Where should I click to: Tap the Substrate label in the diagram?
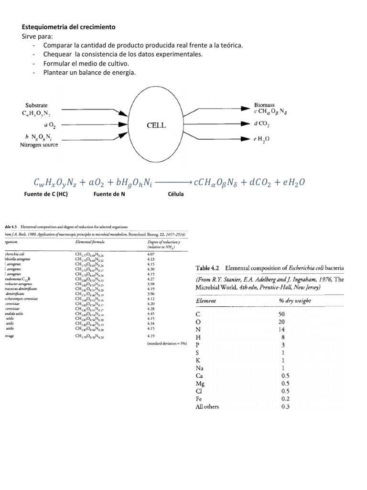36,105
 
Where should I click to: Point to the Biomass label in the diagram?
264,104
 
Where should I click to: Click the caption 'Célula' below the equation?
176,195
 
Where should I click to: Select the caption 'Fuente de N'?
109,195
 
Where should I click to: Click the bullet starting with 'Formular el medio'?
86,63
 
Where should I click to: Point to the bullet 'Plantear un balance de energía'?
89,72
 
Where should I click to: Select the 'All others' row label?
209,407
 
